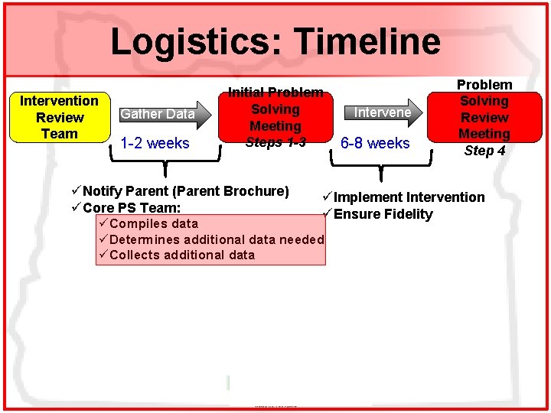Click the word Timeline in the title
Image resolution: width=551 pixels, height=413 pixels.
tap(367, 42)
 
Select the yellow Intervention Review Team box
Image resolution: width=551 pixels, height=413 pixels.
tap(59, 117)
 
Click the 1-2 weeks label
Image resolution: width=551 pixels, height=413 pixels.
tap(156, 143)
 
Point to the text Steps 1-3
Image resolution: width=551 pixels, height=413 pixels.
tap(275, 142)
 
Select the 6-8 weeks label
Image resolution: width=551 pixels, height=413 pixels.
tap(375, 143)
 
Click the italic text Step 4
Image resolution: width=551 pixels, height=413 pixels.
tap(484, 151)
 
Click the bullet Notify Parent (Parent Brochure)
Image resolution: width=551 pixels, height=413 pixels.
tap(185, 190)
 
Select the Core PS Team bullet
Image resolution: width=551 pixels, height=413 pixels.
tap(131, 207)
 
